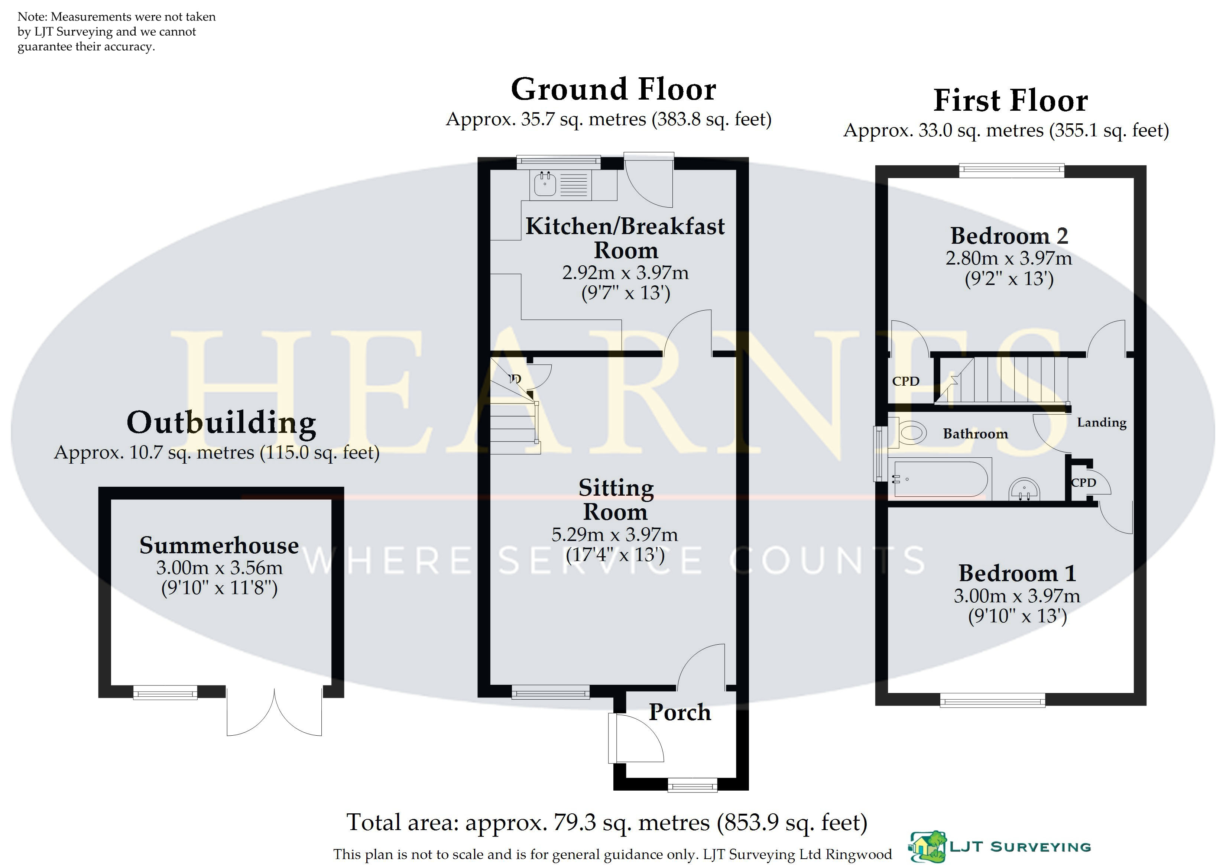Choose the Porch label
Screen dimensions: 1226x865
pos(680,712)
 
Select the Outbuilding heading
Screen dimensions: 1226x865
pos(221,423)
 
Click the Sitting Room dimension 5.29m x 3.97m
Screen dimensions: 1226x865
pos(614,534)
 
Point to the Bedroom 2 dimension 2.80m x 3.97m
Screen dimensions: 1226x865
pos(1009,259)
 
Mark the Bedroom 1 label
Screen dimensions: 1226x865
pos(1017,573)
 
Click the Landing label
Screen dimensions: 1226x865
pos(1102,422)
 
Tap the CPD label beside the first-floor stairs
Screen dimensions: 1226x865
pos(906,381)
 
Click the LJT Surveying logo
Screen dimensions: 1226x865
pos(1000,846)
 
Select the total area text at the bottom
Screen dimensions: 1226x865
pos(607,823)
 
